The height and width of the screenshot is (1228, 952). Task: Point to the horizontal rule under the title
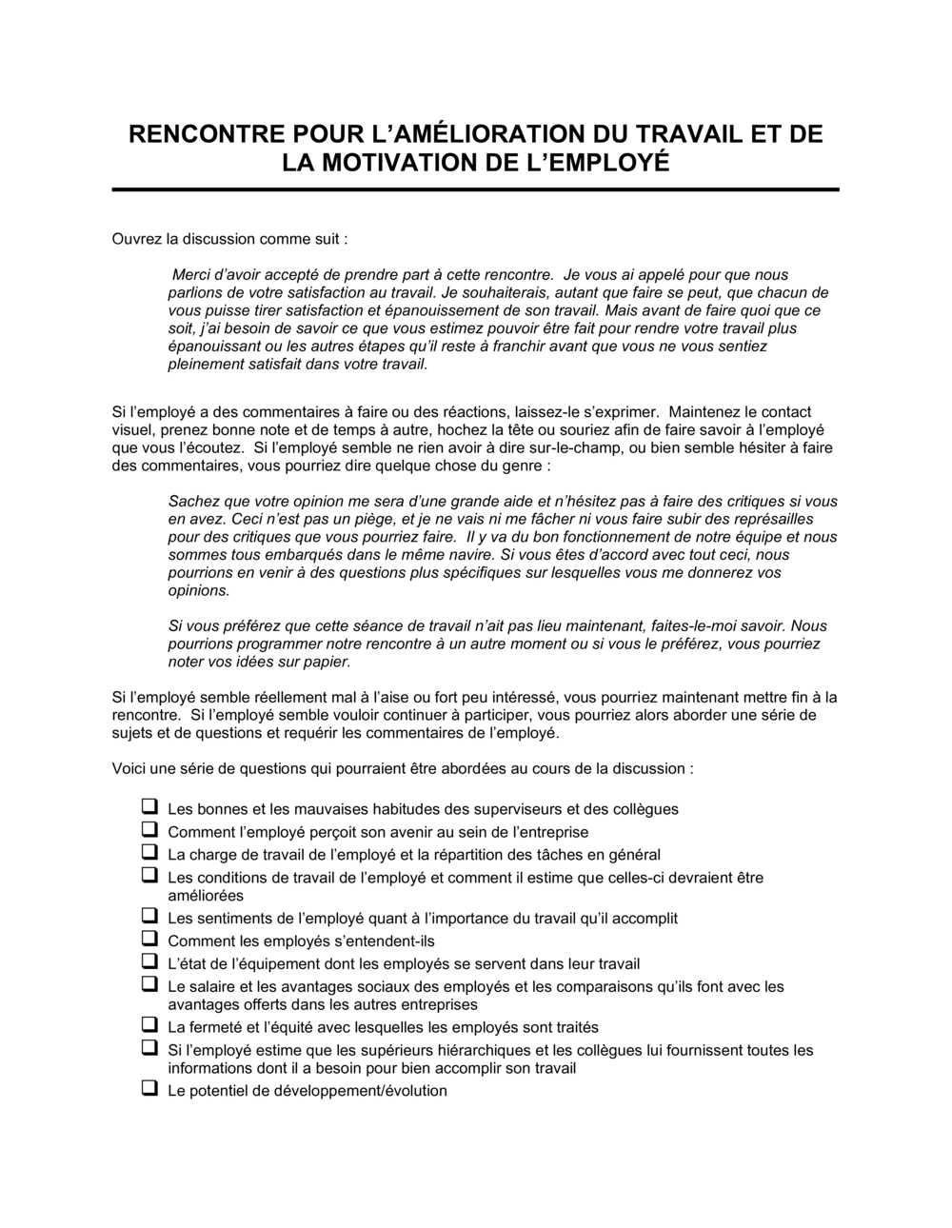click(475, 189)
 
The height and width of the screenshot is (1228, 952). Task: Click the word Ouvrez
click(136, 238)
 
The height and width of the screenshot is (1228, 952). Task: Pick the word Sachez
click(192, 501)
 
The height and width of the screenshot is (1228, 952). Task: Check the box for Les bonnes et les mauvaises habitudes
click(149, 806)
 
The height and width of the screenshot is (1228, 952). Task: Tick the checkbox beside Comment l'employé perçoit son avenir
click(149, 829)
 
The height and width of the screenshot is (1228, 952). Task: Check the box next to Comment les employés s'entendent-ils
click(149, 939)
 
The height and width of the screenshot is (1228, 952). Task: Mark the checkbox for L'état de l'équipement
click(149, 961)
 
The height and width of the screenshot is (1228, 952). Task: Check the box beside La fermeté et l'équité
click(149, 1025)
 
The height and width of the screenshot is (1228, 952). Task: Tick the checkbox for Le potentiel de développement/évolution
click(149, 1088)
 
